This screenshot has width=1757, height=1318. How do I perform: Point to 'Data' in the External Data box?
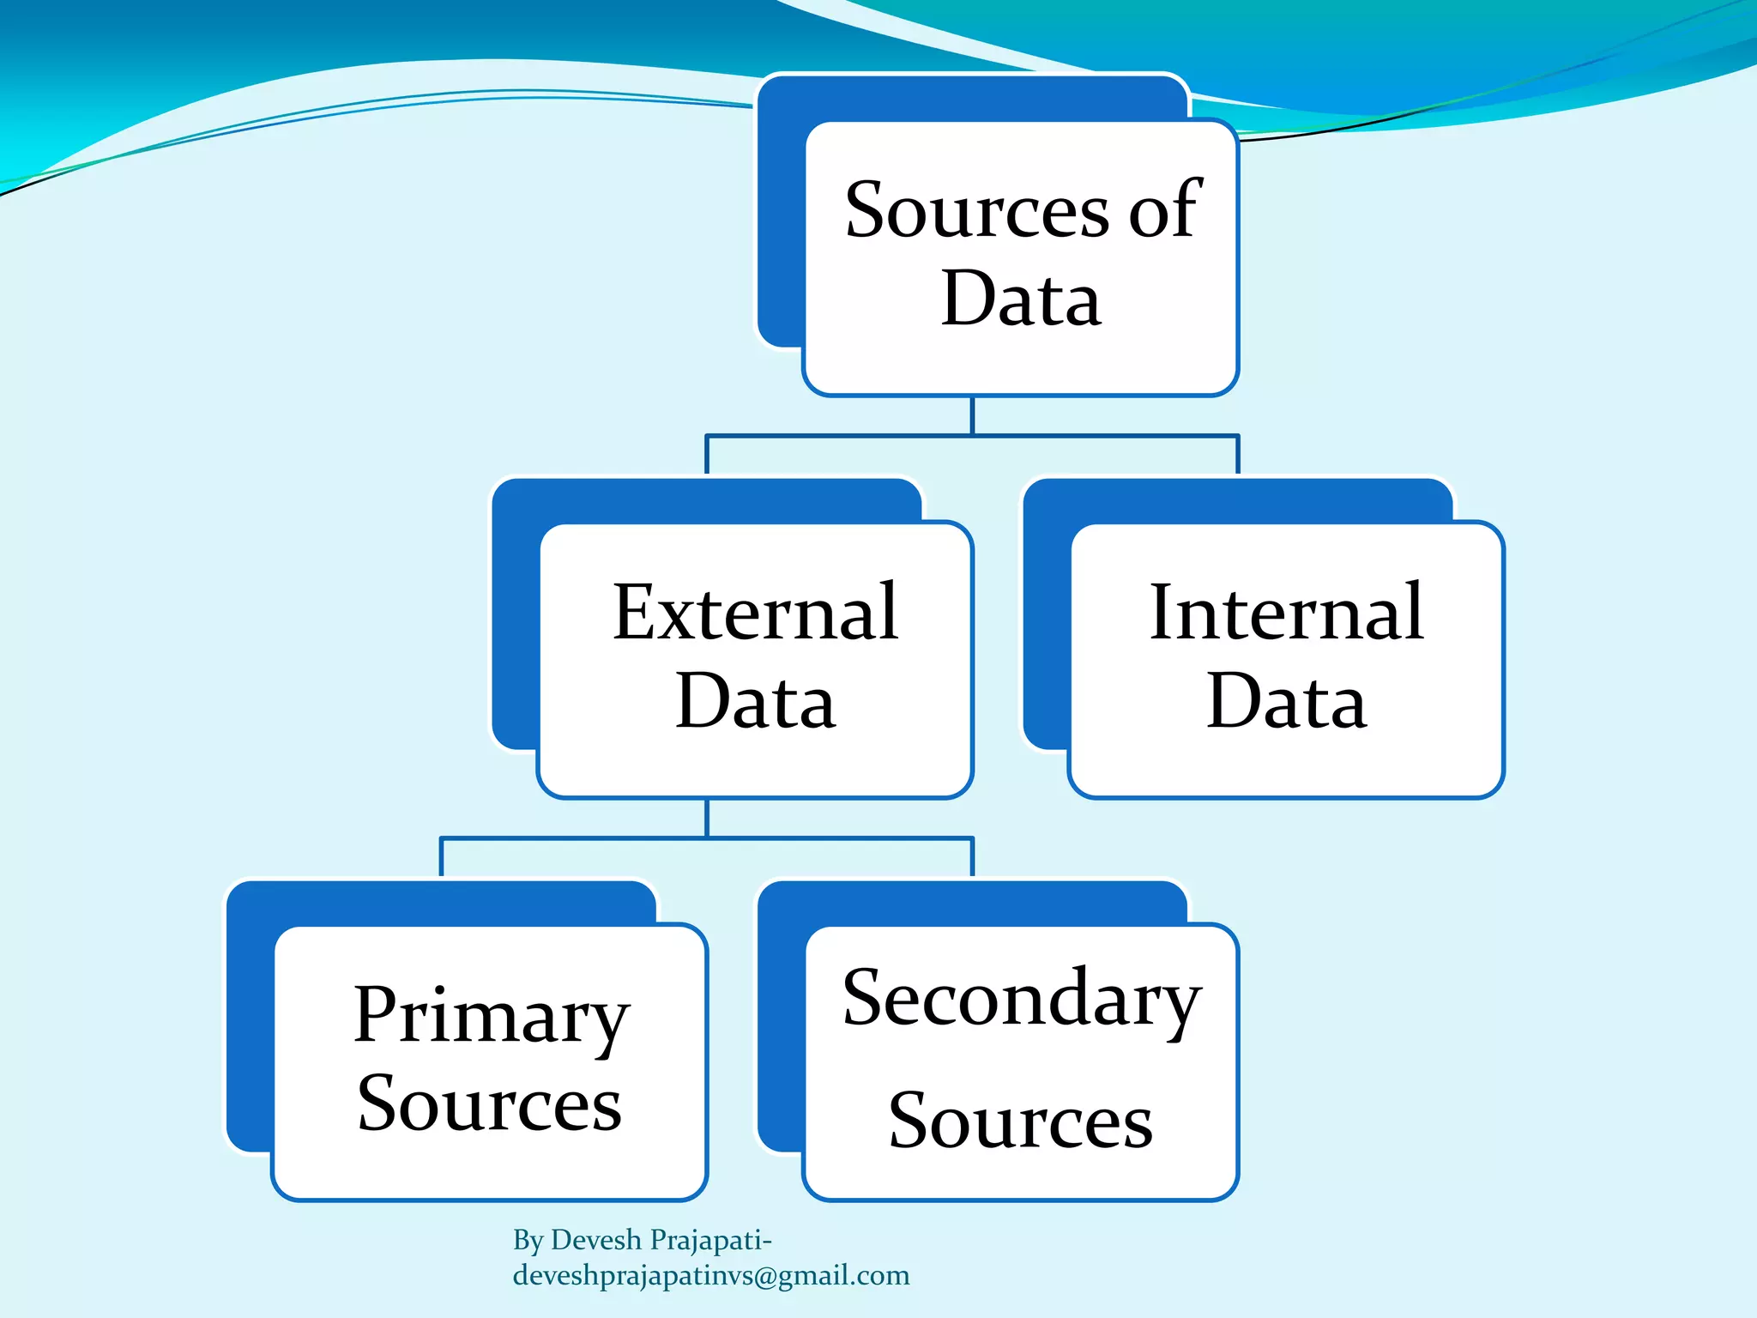[755, 702]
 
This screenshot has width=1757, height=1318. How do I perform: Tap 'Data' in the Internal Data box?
[1286, 702]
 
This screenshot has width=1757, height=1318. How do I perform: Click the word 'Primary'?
[492, 1018]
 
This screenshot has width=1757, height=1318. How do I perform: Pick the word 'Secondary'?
[1022, 1001]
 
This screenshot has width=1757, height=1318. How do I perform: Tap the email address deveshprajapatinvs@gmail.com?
[711, 1276]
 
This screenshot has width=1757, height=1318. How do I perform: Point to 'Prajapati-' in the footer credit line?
[711, 1240]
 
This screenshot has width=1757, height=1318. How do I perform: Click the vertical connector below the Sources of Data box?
[972, 415]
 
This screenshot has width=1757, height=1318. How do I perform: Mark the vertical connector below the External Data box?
[707, 818]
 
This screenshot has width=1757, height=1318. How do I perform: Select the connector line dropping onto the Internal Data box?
[1238, 455]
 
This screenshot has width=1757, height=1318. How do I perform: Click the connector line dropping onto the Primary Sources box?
[441, 856]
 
